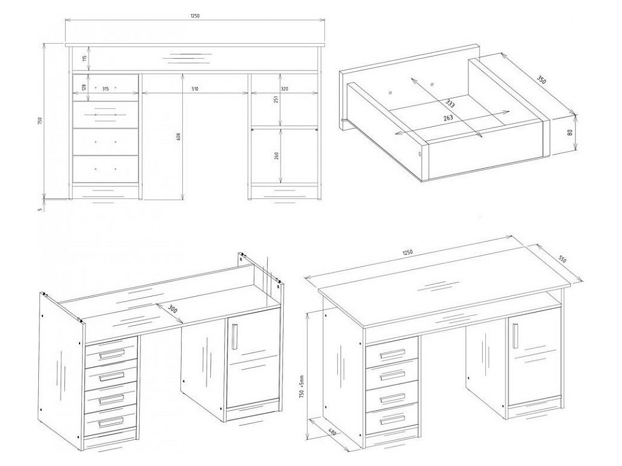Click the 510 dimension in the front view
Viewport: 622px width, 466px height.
pos(194,89)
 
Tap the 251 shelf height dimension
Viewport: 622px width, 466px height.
pos(276,100)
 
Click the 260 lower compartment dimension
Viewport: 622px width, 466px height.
pos(276,155)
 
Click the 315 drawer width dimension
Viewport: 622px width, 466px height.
pos(105,89)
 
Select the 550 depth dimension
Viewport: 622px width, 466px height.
pos(562,259)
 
